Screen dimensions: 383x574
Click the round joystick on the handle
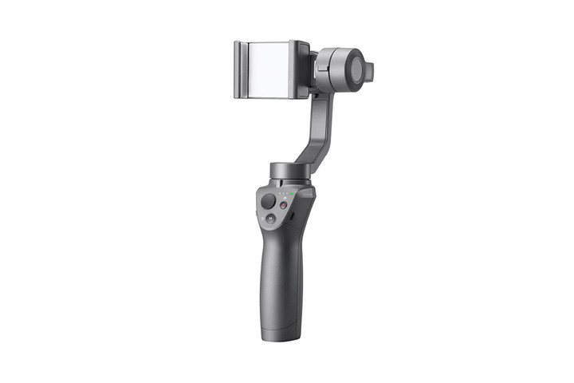[x=269, y=202]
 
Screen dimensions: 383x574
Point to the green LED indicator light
[x=292, y=192]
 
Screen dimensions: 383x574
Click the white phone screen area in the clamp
[x=269, y=69]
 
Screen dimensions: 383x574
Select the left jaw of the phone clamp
[x=240, y=70]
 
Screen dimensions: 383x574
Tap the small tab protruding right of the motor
[x=369, y=71]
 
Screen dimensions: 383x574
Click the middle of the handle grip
[x=278, y=271]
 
